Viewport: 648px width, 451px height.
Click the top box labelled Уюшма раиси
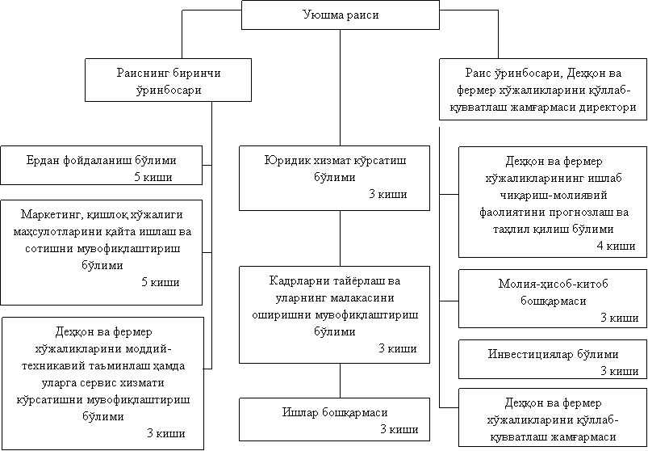coord(340,15)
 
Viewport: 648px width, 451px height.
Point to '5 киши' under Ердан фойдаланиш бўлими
coord(151,176)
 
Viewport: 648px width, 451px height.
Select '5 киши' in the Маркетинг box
coord(160,281)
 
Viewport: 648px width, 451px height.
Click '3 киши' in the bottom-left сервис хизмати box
coord(165,433)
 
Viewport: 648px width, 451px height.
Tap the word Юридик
coord(285,161)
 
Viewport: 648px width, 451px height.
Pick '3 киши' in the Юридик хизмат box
coord(387,194)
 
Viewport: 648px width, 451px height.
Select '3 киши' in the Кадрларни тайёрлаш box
coord(397,348)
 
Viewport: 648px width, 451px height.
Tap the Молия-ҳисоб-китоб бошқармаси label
coord(553,292)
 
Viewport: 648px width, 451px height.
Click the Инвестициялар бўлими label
coord(554,354)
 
